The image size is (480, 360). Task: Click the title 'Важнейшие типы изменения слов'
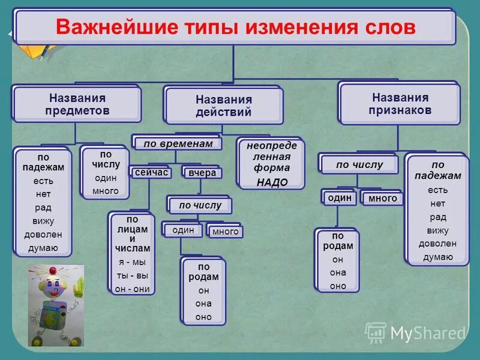235,27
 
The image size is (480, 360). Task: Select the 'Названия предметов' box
77,104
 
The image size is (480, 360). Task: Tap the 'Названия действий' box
223,106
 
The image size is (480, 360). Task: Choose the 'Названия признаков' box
400,104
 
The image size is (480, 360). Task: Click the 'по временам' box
177,144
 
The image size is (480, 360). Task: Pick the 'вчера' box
202,173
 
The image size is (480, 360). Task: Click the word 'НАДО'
271,182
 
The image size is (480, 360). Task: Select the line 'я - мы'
131,262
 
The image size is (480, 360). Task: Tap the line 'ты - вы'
131,275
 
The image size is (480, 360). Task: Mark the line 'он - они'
131,288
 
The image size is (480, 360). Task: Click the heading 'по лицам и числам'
131,233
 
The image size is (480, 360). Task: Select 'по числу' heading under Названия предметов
106,159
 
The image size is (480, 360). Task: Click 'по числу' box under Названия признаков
359,164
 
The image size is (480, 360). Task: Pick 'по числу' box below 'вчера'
200,206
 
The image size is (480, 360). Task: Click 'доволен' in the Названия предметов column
44,235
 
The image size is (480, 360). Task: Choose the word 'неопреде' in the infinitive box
271,146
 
